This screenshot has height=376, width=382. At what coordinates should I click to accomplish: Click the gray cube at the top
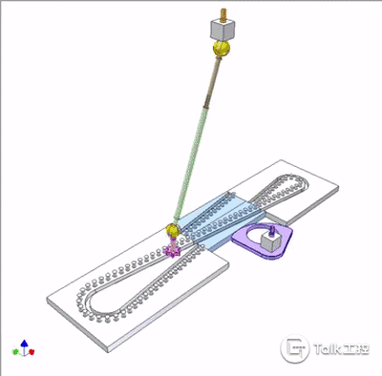(223, 29)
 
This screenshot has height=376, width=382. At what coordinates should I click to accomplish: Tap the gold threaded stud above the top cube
(222, 14)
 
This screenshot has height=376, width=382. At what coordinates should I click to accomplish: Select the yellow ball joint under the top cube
(222, 49)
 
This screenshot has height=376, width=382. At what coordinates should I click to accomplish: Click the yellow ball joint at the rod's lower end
(173, 230)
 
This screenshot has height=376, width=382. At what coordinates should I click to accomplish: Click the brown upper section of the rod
(212, 82)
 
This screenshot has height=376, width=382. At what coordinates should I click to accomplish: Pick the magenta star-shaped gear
(172, 251)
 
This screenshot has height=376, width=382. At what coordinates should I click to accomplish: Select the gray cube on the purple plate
(270, 240)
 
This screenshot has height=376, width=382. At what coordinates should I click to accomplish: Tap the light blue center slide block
(220, 219)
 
